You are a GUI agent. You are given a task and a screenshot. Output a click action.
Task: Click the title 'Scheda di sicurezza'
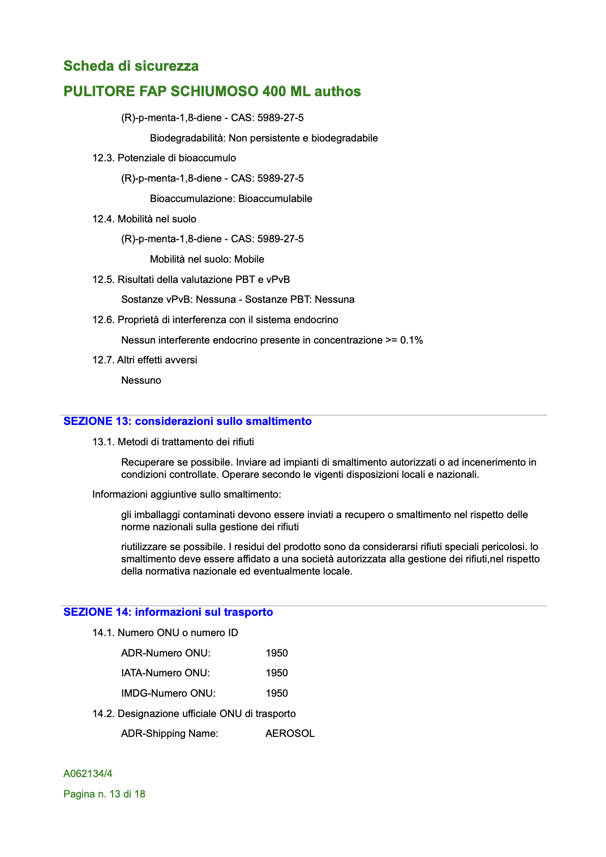pos(131,66)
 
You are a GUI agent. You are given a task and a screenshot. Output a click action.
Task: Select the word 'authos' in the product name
pos(338,92)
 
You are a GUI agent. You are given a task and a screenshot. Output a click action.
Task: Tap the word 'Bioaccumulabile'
pos(275,198)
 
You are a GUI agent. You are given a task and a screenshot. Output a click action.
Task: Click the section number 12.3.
pos(103,158)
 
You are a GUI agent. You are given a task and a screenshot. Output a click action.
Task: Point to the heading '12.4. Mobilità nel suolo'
pos(144,219)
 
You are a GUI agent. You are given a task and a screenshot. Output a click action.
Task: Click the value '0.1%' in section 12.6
pos(411,340)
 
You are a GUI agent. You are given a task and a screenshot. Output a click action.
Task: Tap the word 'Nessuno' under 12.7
pos(141,380)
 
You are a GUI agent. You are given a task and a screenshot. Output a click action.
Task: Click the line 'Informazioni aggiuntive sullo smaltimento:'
pos(186,494)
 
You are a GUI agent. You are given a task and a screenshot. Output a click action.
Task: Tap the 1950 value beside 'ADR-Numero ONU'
pos(277,653)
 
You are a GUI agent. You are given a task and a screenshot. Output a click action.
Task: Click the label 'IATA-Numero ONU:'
pos(166,673)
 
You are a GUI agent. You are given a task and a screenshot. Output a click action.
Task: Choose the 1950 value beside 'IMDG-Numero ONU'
pos(277,693)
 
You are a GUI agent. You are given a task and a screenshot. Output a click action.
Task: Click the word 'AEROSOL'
pos(290,733)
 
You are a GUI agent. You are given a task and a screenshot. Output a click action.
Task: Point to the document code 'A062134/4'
pos(88,774)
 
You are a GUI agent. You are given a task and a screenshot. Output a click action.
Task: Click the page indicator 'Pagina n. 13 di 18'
pos(104,794)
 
